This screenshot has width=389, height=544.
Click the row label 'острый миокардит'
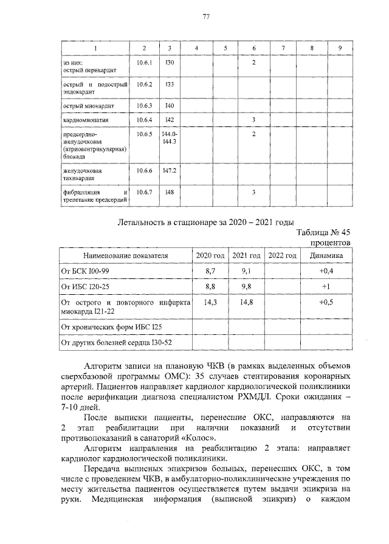pos(89,106)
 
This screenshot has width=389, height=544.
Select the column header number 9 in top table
pos(340,47)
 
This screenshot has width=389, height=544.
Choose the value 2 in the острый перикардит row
pos(253,63)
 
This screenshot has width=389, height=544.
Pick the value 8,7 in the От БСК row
pos(211,269)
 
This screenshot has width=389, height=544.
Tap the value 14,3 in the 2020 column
pos(211,302)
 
